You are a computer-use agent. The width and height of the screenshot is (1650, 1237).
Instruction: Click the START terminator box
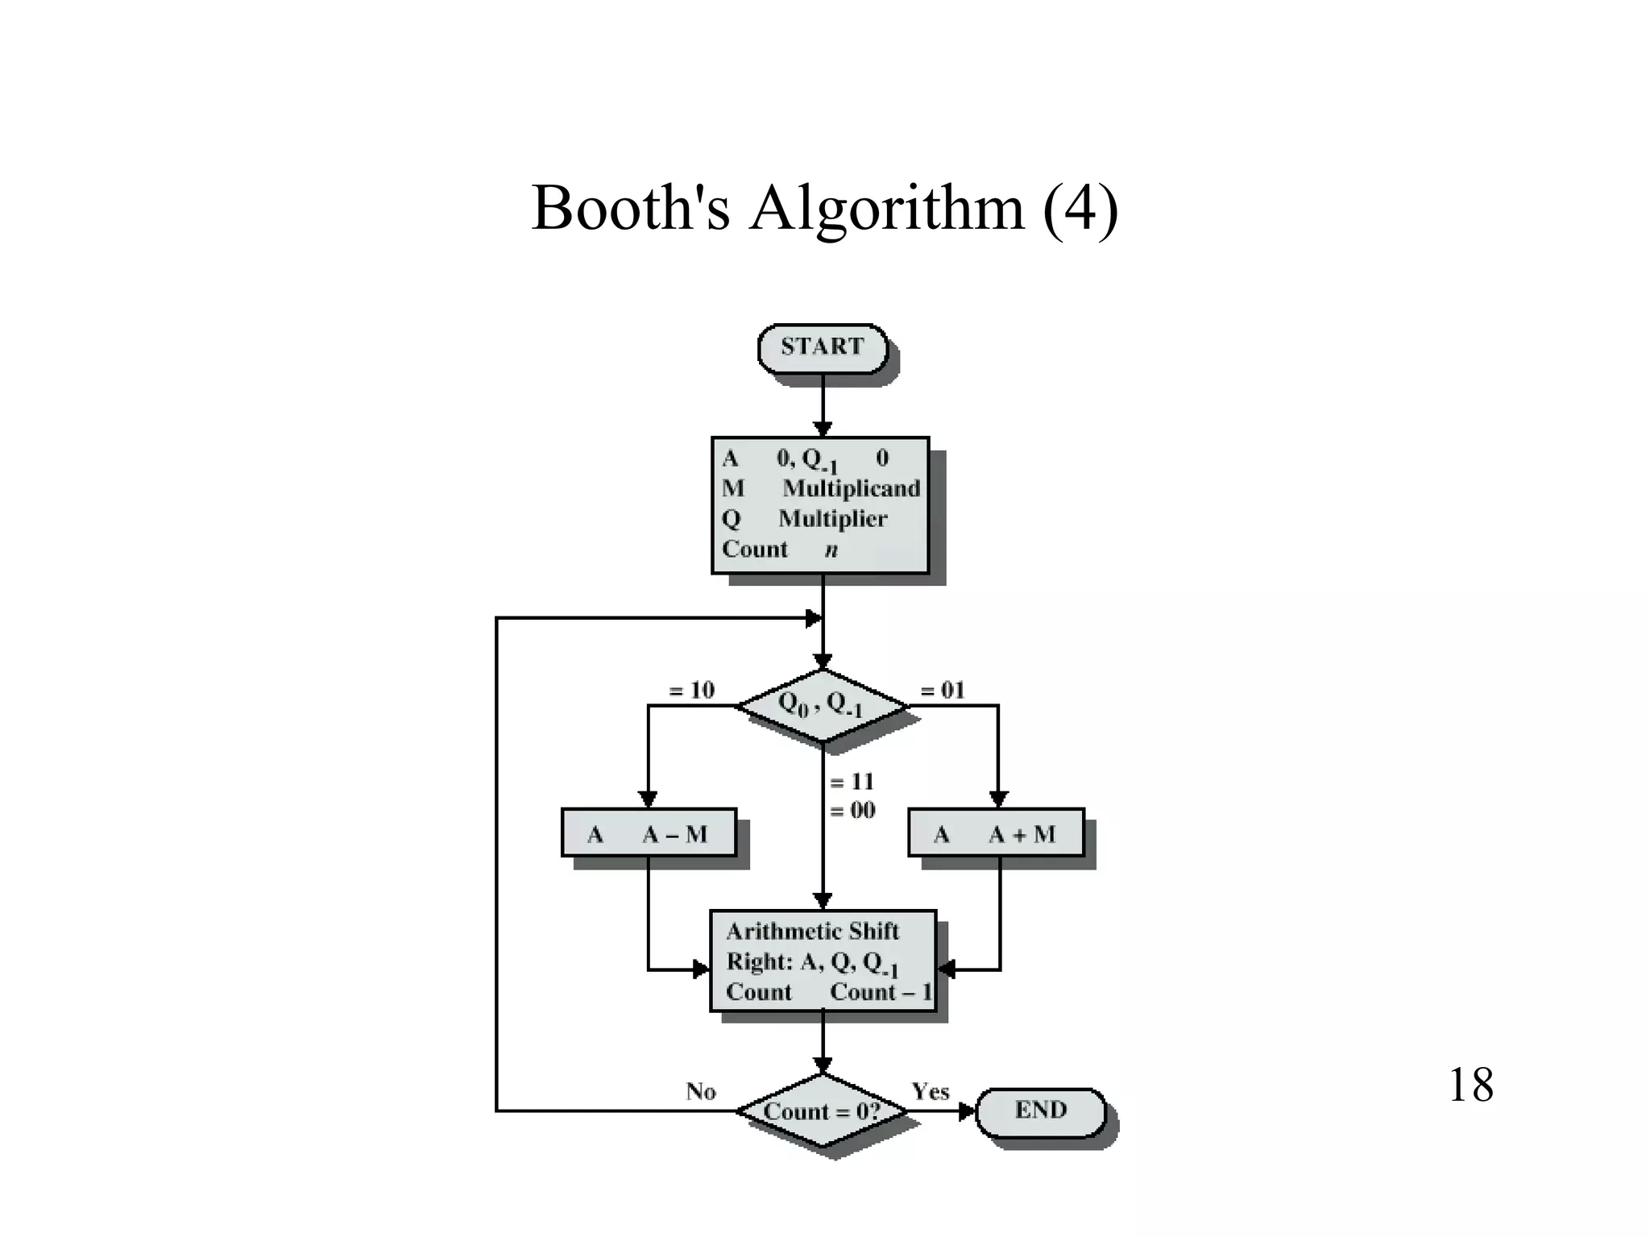(x=822, y=348)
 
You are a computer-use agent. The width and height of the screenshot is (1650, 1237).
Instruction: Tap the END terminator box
(x=1040, y=1111)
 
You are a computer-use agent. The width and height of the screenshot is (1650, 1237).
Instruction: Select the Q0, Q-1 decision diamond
(x=822, y=705)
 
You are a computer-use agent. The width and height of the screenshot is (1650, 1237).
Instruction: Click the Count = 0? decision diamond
(x=822, y=1111)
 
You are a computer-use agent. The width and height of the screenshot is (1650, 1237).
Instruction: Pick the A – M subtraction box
(x=649, y=833)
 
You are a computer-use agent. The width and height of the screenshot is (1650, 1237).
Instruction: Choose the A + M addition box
(x=996, y=833)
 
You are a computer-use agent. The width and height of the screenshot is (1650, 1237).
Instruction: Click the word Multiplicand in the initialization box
(x=851, y=488)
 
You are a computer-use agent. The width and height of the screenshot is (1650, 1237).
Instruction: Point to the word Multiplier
(x=832, y=519)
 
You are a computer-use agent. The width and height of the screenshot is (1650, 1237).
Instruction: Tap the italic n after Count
(x=831, y=550)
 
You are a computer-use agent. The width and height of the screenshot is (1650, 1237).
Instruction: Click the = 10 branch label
(x=691, y=691)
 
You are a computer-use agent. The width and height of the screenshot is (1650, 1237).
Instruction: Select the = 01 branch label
(x=942, y=691)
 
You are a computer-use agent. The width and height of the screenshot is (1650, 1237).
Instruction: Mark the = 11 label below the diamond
(x=852, y=782)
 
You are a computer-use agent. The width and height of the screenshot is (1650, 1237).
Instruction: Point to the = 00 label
(x=852, y=810)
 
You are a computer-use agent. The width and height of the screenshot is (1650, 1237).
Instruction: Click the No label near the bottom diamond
(x=700, y=1092)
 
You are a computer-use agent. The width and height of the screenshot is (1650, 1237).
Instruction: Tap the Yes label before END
(x=930, y=1092)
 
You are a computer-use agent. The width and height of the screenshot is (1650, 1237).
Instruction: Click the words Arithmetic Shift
(x=812, y=932)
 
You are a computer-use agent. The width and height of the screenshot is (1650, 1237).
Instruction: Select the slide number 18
(x=1470, y=1085)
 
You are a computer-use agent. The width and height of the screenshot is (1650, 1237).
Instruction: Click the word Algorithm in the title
(x=886, y=209)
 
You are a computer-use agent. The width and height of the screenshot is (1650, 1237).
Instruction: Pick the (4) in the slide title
(x=1080, y=209)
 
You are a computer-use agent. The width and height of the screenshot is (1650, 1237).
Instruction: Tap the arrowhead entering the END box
(x=968, y=1112)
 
